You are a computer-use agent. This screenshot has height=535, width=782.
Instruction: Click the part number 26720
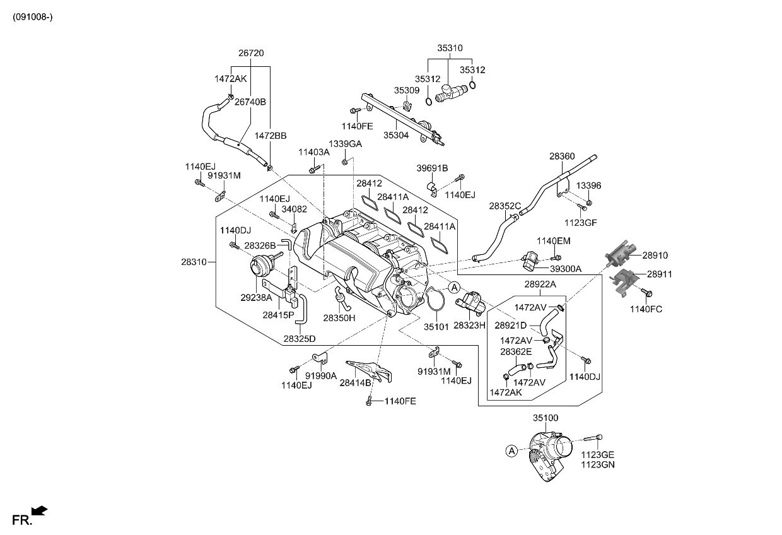pos(250,54)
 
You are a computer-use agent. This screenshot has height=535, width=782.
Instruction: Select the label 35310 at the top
pos(450,48)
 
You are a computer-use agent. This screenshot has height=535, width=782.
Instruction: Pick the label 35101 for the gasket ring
pos(436,327)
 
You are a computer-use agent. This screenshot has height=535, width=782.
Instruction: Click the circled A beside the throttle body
pos(512,450)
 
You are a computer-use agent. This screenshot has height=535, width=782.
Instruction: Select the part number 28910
pos(655,256)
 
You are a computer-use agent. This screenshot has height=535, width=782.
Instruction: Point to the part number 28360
pos(561,156)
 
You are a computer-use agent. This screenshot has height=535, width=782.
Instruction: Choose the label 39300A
pos(565,269)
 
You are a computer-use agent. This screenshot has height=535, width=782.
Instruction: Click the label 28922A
pos(540,285)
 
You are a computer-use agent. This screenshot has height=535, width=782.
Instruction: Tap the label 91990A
pos(322,375)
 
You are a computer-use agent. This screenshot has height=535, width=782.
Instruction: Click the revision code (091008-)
pos(32,16)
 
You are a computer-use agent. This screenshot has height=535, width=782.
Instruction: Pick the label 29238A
pos(256,297)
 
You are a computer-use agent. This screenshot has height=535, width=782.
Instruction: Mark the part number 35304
pos(396,135)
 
